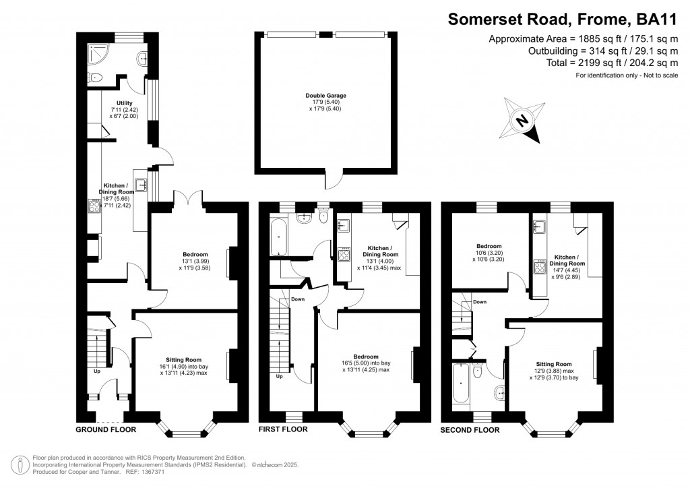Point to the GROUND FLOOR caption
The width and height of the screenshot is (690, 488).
106,429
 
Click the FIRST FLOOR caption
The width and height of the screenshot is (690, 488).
284,429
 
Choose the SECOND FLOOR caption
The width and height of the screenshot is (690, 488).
470,429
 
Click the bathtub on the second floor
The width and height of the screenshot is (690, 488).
460,386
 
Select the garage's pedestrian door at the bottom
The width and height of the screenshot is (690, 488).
332,181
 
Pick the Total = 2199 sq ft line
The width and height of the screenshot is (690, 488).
602,63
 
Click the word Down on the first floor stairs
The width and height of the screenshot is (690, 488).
298,299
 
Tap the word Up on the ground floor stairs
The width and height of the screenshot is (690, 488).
97,371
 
